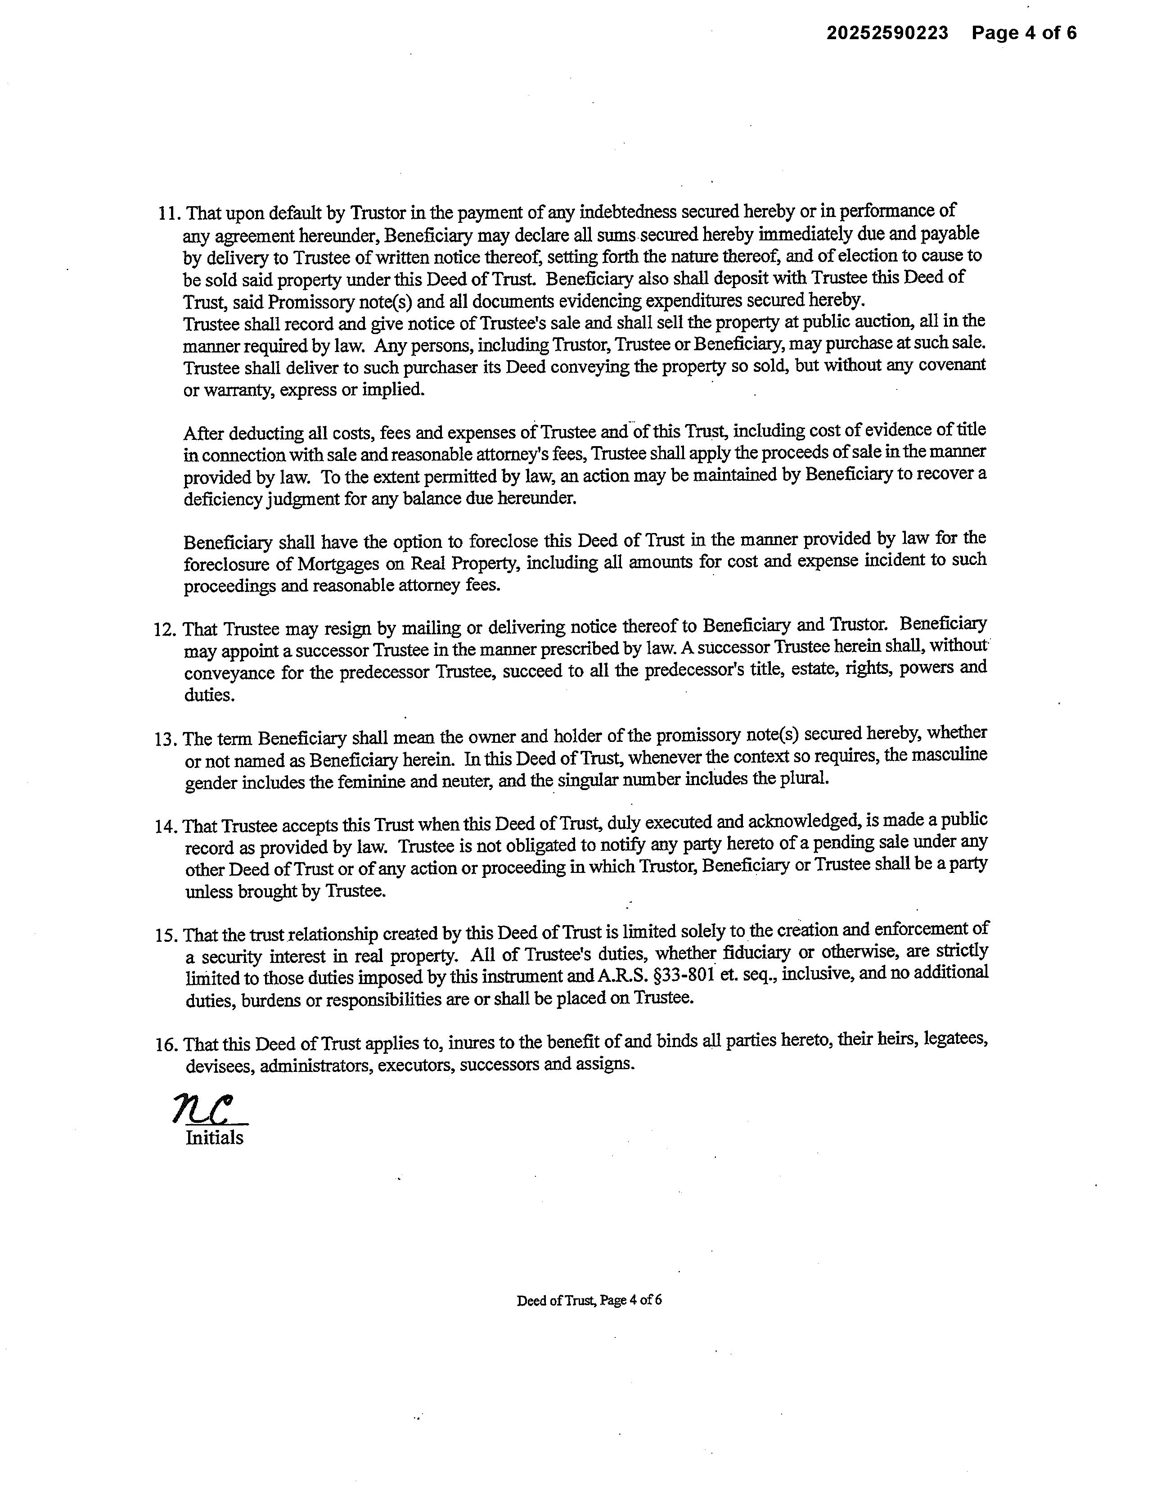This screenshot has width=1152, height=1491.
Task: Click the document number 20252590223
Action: pyautogui.click(x=887, y=33)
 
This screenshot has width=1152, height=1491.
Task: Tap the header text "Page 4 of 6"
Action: pyautogui.click(x=1024, y=33)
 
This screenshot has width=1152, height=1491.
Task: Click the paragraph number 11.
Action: pyautogui.click(x=169, y=214)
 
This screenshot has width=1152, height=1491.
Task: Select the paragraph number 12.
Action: pyautogui.click(x=166, y=629)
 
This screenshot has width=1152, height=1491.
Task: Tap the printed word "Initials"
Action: pyautogui.click(x=214, y=1138)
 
